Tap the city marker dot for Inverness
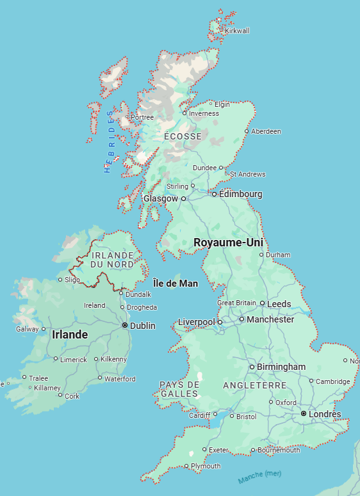click(x=184, y=113)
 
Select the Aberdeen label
click(x=266, y=131)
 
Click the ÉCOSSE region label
click(x=183, y=136)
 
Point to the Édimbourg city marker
click(x=215, y=194)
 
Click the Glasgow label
click(x=160, y=199)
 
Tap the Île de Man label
click(x=176, y=284)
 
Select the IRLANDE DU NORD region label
click(x=112, y=259)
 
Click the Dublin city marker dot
click(x=124, y=325)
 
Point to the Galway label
click(x=27, y=329)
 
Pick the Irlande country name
click(x=70, y=335)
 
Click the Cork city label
click(x=72, y=396)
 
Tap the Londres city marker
click(x=303, y=414)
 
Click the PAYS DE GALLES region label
click(x=179, y=388)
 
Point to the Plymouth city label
click(x=206, y=466)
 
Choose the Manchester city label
click(x=271, y=319)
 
